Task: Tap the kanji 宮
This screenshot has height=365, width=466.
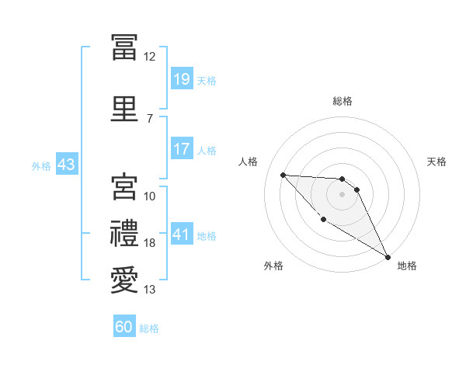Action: [125, 186]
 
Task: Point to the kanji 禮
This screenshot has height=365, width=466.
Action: [125, 233]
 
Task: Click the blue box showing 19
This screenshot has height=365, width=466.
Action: [182, 79]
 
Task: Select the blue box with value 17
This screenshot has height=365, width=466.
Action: [182, 149]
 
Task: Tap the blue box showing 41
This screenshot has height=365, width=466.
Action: [182, 235]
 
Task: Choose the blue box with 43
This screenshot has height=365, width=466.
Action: [66, 165]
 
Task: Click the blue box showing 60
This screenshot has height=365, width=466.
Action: [124, 327]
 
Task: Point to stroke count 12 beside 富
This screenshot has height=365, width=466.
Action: [150, 57]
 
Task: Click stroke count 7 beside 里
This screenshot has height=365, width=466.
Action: [150, 118]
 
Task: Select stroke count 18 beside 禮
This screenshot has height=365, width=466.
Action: [150, 243]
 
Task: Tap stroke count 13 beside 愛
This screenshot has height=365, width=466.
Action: [150, 290]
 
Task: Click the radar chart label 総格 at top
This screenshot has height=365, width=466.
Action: [343, 101]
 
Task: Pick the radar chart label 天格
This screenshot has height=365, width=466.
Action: [437, 162]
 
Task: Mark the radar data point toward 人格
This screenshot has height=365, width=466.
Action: [283, 175]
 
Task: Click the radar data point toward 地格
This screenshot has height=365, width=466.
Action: [388, 257]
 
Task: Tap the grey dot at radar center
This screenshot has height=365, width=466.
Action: [343, 193]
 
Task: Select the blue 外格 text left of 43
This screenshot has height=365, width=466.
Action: [41, 166]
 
